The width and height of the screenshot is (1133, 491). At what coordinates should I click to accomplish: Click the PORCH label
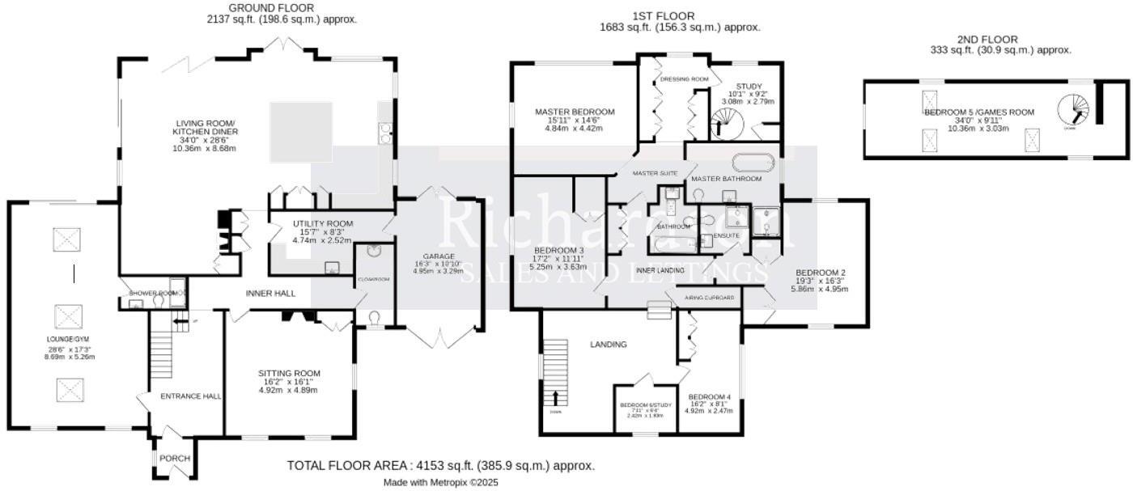pos(174,459)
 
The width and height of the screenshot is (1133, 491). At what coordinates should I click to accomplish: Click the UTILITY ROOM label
pos(323,223)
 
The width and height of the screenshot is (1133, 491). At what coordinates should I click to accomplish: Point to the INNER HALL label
pos(270,293)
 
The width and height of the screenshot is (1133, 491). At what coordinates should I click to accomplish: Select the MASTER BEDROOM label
pos(575,112)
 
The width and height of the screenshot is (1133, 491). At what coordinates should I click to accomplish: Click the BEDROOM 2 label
pos(821,272)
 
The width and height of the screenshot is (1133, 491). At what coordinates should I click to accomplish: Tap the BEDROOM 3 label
pos(558,250)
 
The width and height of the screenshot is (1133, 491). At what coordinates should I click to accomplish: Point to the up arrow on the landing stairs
pos(555,397)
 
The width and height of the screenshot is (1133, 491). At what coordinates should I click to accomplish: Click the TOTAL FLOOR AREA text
pos(440,466)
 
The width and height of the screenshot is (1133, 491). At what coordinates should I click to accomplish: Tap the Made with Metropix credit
pos(440,482)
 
